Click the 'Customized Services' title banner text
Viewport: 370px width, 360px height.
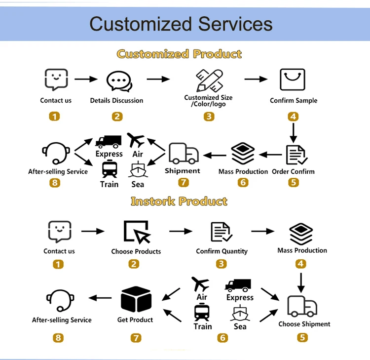(x=181, y=24)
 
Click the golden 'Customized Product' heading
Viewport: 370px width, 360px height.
(x=179, y=54)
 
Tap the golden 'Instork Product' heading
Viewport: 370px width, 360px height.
(x=179, y=201)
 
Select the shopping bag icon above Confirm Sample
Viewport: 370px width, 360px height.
(x=293, y=80)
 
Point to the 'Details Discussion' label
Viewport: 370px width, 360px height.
(x=116, y=101)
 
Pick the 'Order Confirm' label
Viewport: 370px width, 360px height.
(x=293, y=172)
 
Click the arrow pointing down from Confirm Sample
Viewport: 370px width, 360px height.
(x=294, y=132)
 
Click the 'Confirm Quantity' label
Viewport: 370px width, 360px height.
(x=222, y=251)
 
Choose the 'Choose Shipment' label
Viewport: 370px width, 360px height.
(x=304, y=324)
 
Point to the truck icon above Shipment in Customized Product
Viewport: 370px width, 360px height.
(x=184, y=153)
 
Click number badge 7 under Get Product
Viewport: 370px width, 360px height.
(x=136, y=338)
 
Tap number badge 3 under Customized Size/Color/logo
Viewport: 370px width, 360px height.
(x=209, y=117)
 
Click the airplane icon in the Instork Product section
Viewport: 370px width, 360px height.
(x=200, y=284)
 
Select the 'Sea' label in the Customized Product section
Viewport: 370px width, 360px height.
(x=138, y=184)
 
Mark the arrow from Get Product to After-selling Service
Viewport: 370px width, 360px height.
(x=100, y=298)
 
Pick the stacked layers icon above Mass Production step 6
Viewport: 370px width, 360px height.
(x=243, y=154)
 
